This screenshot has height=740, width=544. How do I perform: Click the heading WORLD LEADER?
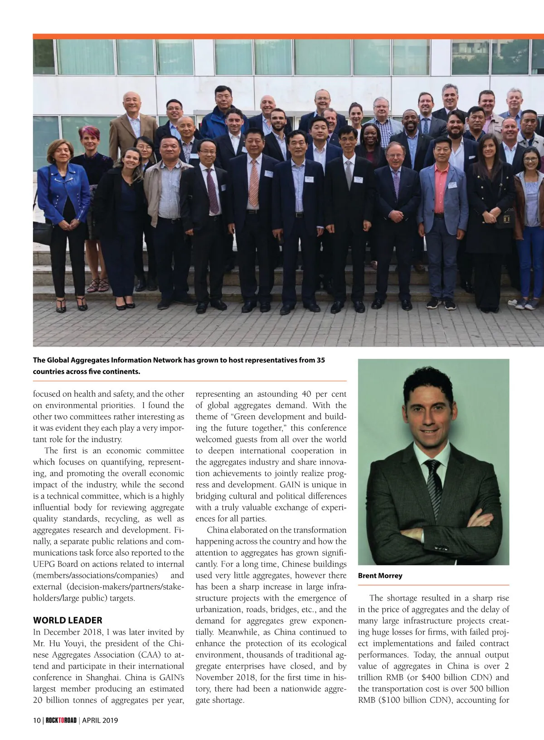point(68,620)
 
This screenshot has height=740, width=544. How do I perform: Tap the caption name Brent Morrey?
point(380,576)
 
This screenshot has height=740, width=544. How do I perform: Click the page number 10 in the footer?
point(36,720)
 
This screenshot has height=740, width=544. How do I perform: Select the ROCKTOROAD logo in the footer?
point(61,720)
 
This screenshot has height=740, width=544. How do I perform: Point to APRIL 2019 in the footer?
point(100,720)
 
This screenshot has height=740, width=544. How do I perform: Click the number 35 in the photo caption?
point(320,360)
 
